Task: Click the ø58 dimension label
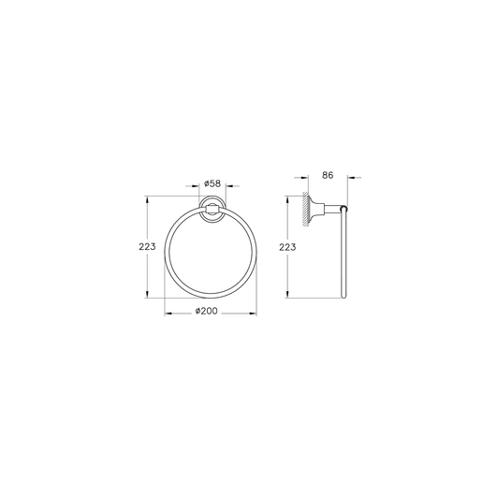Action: click(x=212, y=183)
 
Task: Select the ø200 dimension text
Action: click(x=206, y=311)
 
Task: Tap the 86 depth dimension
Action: click(x=328, y=175)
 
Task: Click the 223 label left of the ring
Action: click(x=147, y=247)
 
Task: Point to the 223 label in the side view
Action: click(x=287, y=247)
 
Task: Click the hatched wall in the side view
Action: click(x=305, y=210)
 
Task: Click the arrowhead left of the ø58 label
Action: click(x=196, y=186)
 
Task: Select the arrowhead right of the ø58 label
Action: click(x=229, y=186)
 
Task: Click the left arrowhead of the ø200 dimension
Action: click(x=168, y=314)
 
